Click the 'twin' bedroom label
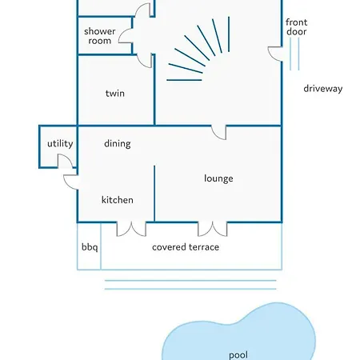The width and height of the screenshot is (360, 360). (115, 94)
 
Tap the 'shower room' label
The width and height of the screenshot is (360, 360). (100, 36)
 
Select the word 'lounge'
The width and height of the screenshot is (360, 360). (218, 178)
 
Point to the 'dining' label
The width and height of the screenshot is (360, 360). (118, 144)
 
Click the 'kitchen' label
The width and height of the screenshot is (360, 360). (118, 200)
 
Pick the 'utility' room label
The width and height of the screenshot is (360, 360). (60, 144)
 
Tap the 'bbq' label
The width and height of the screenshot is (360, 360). (90, 247)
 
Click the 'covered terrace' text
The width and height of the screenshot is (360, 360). (186, 247)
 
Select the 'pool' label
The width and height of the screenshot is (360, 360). (238, 355)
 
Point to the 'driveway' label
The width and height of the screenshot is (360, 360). (323, 89)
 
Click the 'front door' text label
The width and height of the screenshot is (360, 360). (297, 27)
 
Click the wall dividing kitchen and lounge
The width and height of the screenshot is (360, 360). (154, 194)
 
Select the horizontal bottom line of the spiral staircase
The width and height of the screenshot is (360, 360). (184, 80)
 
